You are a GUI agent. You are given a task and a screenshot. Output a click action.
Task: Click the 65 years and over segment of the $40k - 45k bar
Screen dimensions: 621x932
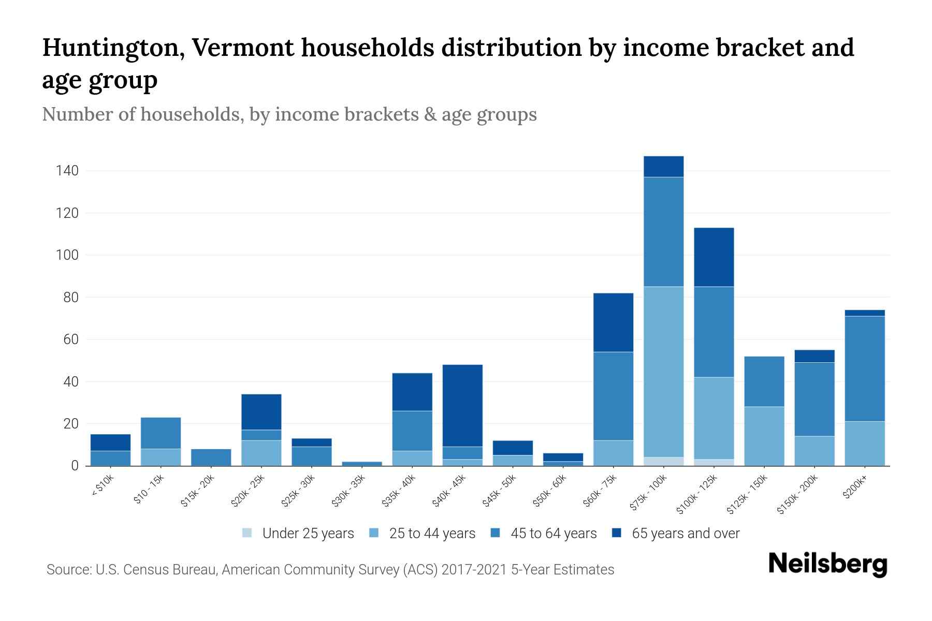[x=462, y=406]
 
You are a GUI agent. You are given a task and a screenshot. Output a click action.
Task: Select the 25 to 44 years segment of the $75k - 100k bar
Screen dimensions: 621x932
[x=663, y=372]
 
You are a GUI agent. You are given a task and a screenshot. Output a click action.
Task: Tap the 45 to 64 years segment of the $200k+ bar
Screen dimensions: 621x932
[x=864, y=368]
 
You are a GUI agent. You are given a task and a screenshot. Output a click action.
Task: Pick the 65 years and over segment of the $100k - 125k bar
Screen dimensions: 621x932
[x=713, y=257]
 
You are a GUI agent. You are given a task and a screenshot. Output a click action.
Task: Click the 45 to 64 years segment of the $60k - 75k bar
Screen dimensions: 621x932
[x=613, y=396]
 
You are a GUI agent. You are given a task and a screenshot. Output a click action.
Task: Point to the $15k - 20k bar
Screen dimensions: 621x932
[x=211, y=457]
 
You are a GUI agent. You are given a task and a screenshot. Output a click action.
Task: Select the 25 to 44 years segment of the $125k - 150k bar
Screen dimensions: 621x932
[x=764, y=436]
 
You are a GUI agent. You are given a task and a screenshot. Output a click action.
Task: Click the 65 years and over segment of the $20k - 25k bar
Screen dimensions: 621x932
[x=261, y=412]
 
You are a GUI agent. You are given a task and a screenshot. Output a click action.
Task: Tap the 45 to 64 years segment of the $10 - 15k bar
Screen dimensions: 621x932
[x=161, y=433]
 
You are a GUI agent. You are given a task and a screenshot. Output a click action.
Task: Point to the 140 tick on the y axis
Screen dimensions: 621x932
[x=67, y=171]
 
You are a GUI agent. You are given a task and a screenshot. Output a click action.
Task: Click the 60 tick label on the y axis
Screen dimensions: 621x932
[x=71, y=339]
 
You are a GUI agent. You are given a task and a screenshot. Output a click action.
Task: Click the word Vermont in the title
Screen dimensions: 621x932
[x=242, y=48]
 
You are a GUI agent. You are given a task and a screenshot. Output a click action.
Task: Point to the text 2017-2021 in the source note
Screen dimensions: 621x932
[x=475, y=570]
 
